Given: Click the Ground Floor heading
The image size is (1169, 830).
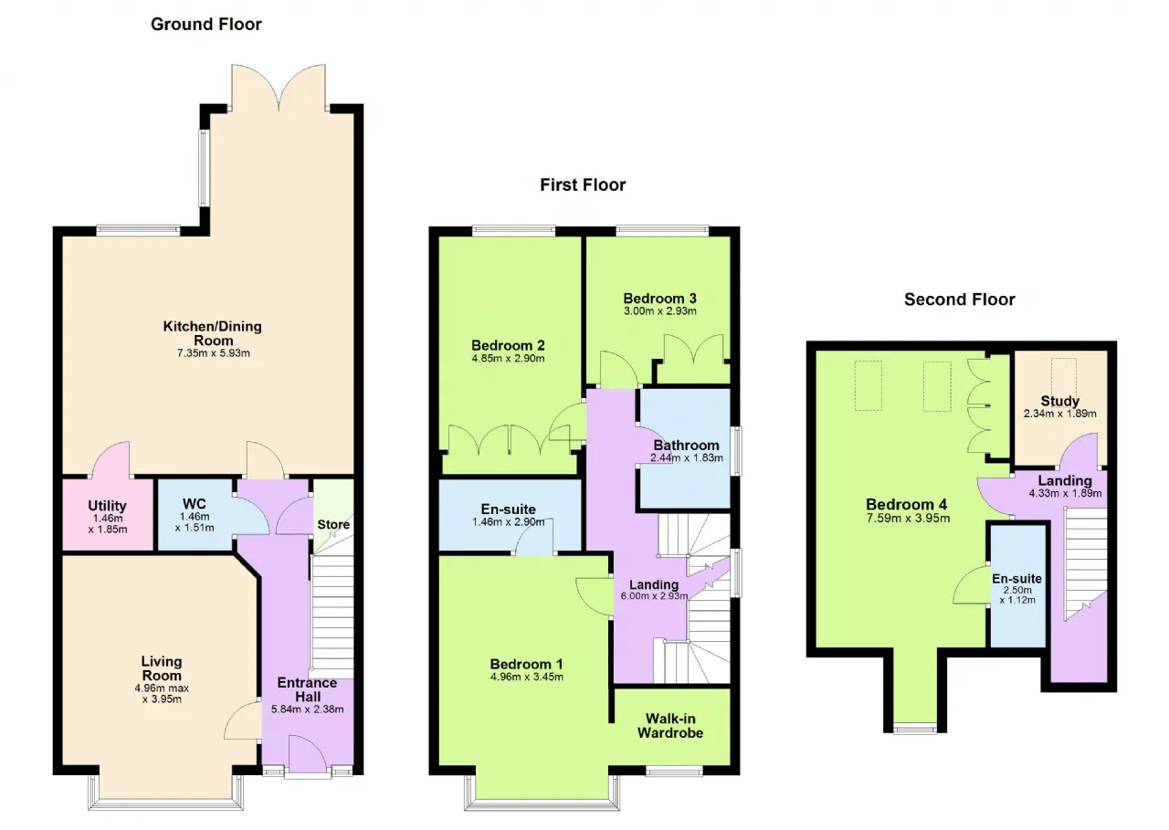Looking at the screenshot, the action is (x=206, y=25).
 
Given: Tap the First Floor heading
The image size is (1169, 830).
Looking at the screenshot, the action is (x=583, y=184).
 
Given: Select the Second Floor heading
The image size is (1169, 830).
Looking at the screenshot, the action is (x=959, y=299).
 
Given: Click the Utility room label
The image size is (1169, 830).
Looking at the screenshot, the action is (x=107, y=506).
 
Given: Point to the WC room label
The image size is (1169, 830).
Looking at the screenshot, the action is (x=195, y=504).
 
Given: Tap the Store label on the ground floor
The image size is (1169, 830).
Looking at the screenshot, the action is (x=333, y=524).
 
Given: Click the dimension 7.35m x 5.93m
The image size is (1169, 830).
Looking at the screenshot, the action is (x=214, y=353).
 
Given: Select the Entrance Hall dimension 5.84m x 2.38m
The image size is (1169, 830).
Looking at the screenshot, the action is (x=308, y=709).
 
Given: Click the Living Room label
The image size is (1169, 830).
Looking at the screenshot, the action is (x=162, y=668).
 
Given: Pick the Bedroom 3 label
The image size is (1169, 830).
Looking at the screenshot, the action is (x=659, y=299).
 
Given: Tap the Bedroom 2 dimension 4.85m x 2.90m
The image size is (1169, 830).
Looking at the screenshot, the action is (x=508, y=359).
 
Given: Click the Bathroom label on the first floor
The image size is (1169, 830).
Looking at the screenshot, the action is (x=686, y=446).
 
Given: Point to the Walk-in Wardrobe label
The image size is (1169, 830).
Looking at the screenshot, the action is (x=670, y=726).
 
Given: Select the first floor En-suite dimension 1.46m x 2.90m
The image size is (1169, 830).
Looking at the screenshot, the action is (x=509, y=521).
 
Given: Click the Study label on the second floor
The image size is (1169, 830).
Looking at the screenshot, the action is (x=1059, y=401).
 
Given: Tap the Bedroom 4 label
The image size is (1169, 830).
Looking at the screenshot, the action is (x=907, y=504).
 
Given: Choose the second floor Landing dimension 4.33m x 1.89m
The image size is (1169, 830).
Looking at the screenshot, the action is (x=1065, y=493).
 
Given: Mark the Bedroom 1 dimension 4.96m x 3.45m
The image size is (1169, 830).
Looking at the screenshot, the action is (x=527, y=678).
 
